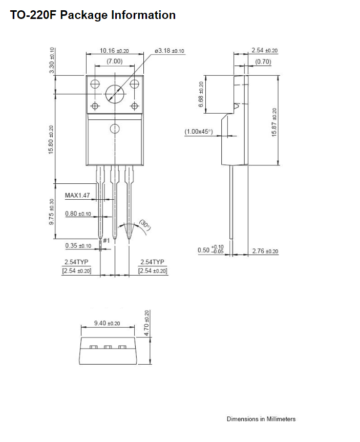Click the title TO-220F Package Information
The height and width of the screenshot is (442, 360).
93,15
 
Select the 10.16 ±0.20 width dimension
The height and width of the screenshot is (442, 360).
114,51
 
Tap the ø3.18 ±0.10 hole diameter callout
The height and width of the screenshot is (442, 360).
169,51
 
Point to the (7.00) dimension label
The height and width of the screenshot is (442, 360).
115,61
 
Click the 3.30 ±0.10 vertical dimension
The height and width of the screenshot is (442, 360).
52,60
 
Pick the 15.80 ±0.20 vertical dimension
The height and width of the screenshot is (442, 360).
51,139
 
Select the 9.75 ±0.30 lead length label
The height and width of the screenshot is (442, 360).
51,212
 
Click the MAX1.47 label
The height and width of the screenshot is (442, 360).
77,195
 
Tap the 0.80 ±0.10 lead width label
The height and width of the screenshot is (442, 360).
78,214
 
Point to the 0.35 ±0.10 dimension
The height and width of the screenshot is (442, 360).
78,245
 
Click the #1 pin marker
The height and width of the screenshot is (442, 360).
107,240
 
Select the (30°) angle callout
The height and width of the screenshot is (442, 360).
145,225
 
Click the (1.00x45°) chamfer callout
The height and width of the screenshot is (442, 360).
199,131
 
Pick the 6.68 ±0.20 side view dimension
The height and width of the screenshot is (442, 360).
201,94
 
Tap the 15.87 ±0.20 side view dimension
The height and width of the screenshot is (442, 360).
274,122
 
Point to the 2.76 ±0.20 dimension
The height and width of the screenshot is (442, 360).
265,251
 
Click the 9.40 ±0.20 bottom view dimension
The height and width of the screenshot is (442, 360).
107,323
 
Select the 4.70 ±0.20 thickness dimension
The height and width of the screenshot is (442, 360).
146,323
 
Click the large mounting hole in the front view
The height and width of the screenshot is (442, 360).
115,94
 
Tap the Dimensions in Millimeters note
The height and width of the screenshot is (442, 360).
261,419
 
